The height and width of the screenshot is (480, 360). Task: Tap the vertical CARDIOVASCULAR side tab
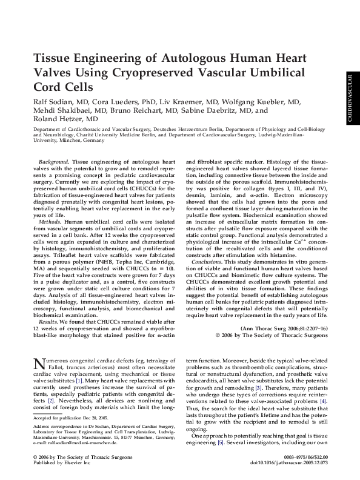(350, 99)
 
